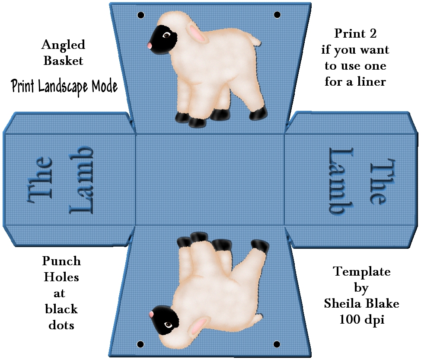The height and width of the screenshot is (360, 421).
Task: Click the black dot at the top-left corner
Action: [x=140, y=15]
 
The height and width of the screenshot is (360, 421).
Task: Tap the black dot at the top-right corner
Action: [x=277, y=15]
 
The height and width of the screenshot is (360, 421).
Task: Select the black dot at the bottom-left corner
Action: [x=140, y=344]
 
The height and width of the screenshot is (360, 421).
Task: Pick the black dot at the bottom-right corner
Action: [x=277, y=344]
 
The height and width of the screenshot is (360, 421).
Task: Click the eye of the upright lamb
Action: [x=167, y=35]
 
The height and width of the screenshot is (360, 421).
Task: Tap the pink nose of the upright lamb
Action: [x=150, y=45]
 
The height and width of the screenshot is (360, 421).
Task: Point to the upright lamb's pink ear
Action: [x=197, y=33]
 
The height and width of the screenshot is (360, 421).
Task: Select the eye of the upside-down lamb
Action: [x=168, y=325]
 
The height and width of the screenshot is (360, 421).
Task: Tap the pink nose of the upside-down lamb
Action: [x=151, y=314]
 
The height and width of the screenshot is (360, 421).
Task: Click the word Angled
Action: [x=64, y=45]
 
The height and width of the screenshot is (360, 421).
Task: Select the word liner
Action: [x=371, y=81]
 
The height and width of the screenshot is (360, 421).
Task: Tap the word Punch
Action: [x=61, y=261]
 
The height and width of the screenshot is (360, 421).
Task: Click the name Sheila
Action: [x=343, y=303]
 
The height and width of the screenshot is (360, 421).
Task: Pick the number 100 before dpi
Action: [x=350, y=319]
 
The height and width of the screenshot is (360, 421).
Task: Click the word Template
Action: [x=362, y=272]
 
